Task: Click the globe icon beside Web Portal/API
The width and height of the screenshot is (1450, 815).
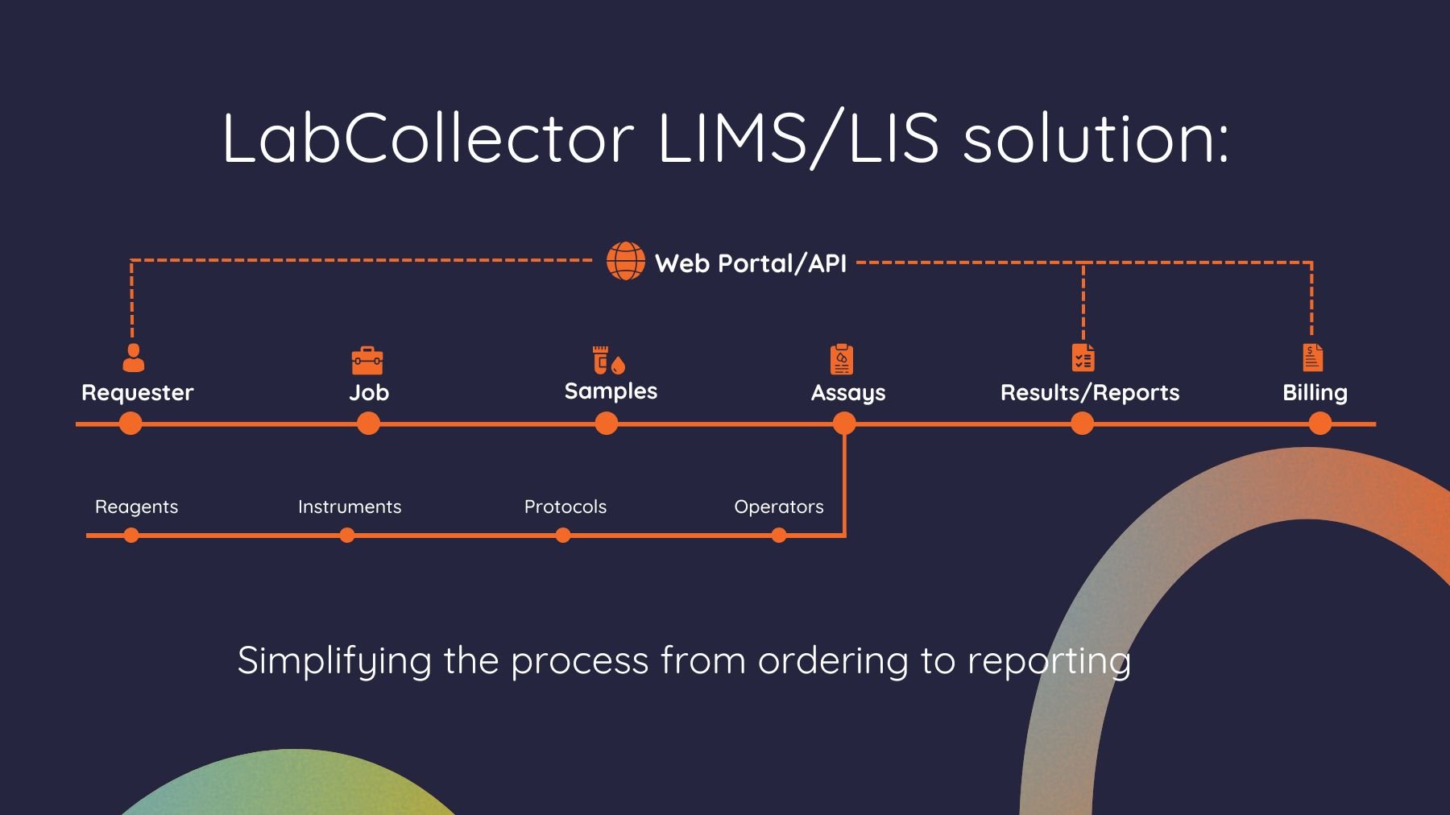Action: click(626, 261)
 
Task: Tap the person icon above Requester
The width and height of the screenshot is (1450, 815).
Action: click(133, 358)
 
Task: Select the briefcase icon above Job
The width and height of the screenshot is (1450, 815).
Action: click(367, 360)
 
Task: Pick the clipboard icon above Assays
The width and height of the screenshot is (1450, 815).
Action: click(842, 359)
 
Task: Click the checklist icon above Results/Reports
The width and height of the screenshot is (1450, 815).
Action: click(1083, 358)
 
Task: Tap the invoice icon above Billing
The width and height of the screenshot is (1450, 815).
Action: click(1313, 357)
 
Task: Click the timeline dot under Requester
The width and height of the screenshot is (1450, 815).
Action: click(130, 424)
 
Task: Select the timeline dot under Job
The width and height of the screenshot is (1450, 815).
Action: click(368, 424)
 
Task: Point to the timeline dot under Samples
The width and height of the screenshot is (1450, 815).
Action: click(607, 424)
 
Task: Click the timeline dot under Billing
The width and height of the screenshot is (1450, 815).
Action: click(1319, 424)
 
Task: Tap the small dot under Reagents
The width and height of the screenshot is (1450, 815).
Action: click(131, 536)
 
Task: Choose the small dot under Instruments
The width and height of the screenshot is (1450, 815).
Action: click(347, 536)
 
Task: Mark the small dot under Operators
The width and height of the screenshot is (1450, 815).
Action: click(779, 536)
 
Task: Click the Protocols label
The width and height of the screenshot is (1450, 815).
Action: click(565, 507)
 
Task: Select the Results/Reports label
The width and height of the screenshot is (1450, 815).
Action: click(1089, 393)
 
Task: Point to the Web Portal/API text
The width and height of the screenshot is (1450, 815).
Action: click(750, 263)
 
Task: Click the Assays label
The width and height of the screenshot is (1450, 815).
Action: click(847, 393)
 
